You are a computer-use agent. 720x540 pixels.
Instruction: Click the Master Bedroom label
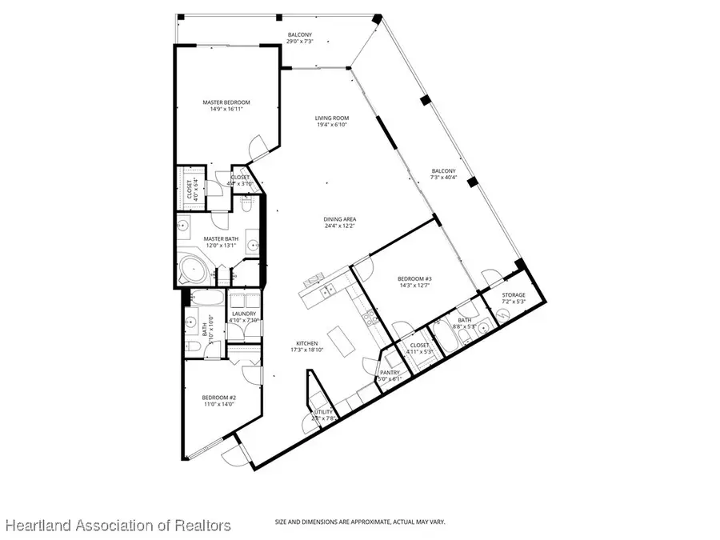click(x=226, y=102)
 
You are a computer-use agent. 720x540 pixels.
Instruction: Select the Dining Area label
click(x=339, y=219)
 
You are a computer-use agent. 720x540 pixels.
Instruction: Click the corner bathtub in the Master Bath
click(x=192, y=270)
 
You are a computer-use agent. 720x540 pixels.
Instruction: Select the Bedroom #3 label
click(x=415, y=279)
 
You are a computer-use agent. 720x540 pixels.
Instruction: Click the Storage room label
click(x=514, y=295)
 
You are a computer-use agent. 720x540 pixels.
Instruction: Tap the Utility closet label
click(x=322, y=412)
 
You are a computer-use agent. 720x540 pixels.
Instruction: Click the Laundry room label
click(x=243, y=314)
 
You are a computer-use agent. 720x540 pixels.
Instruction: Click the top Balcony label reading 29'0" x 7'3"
click(x=300, y=42)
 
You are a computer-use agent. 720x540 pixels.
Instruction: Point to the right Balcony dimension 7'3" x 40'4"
click(x=444, y=178)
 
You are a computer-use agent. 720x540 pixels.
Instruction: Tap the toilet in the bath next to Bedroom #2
click(x=192, y=346)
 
